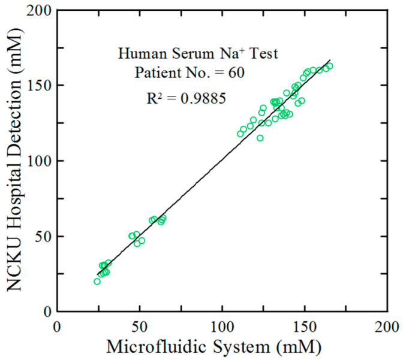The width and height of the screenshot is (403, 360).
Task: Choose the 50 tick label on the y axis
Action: (x=43, y=237)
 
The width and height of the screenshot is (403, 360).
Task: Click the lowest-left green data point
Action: (x=97, y=281)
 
